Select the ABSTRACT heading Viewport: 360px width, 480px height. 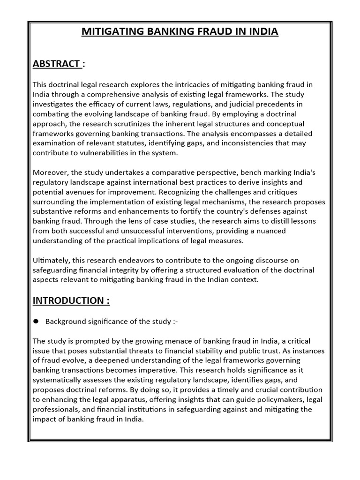pyautogui.click(x=56, y=64)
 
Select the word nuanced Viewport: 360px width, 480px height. pyautogui.click(x=269, y=231)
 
